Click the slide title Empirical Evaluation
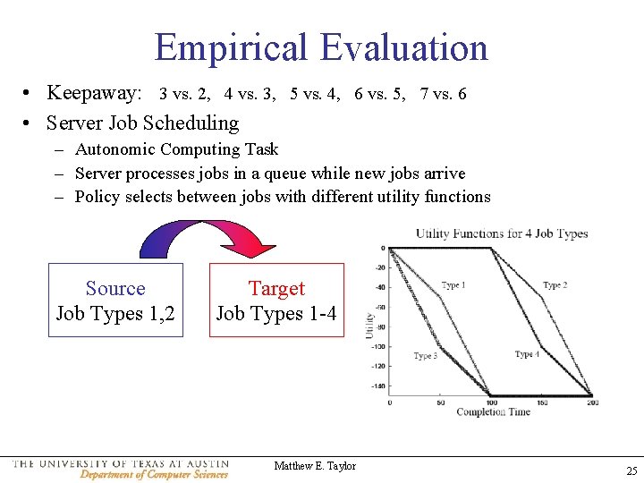click(321, 47)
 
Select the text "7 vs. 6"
click(443, 94)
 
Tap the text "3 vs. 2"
click(184, 94)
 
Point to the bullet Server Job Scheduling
click(142, 123)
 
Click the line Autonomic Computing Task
click(176, 149)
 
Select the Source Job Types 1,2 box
click(115, 301)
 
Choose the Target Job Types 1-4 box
click(276, 301)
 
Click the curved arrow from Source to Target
click(207, 236)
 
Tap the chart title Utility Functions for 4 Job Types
click(501, 234)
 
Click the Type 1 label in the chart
click(453, 285)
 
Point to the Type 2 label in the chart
click(555, 285)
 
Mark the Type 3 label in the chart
click(425, 356)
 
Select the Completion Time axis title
click(493, 411)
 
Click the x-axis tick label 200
click(591, 402)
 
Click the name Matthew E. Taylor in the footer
click(315, 466)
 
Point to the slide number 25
click(631, 470)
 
